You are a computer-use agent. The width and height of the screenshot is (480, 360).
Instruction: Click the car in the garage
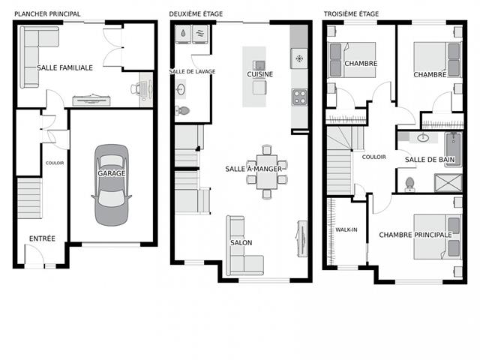pyautogui.click(x=112, y=185)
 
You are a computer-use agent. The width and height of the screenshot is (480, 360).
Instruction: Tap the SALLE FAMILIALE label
pyautogui.click(x=65, y=67)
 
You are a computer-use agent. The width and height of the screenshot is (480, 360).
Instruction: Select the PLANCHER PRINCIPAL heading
pyautogui.click(x=47, y=13)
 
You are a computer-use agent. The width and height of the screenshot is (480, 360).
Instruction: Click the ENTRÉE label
pyautogui.click(x=42, y=238)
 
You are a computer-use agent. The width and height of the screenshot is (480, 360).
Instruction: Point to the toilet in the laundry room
pyautogui.click(x=182, y=110)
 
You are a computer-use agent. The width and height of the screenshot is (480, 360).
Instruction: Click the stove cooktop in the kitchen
pyautogui.click(x=299, y=97)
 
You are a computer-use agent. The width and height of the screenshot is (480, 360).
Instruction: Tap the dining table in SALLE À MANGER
pyautogui.click(x=267, y=172)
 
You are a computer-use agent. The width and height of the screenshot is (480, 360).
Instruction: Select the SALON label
pyautogui.click(x=241, y=243)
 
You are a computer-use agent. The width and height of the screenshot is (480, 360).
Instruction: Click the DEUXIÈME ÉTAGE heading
pyautogui.click(x=196, y=13)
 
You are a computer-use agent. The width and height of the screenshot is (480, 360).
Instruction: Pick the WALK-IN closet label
pyautogui.click(x=346, y=229)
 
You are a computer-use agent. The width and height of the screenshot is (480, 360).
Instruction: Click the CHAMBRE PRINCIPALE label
pyautogui.click(x=415, y=235)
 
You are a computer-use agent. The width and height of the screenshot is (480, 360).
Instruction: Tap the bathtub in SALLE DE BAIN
pyautogui.click(x=453, y=149)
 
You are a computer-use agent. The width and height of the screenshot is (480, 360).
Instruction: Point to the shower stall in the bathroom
pyautogui.click(x=448, y=183)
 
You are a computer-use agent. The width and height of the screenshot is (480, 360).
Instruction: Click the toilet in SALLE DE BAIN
pyautogui.click(x=410, y=184)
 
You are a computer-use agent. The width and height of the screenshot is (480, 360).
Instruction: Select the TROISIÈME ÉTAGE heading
pyautogui.click(x=352, y=13)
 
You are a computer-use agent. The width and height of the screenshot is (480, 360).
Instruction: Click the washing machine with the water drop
pyautogui.click(x=183, y=34)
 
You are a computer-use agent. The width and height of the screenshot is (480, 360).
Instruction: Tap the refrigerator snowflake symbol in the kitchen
pyautogui.click(x=299, y=58)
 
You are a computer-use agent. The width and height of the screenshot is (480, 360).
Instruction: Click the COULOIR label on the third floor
pyautogui.click(x=373, y=157)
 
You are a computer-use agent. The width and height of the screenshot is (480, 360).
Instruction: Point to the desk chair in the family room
pyautogui.click(x=134, y=88)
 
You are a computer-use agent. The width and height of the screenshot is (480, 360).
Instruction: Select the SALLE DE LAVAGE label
pyautogui.click(x=192, y=71)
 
